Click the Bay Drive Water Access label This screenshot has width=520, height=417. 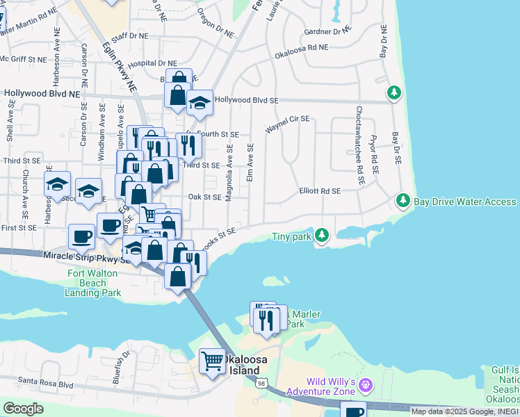coord(465,202)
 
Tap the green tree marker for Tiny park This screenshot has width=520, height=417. coord(321,236)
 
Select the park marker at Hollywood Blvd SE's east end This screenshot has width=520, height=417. coord(394,92)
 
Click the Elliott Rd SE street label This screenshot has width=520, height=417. coord(320,190)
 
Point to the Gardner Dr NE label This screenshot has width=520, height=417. coord(327,31)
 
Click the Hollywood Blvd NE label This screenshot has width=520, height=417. coord(42,92)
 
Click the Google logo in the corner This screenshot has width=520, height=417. coord(23,409)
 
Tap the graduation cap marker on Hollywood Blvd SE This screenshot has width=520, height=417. coord(200,104)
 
